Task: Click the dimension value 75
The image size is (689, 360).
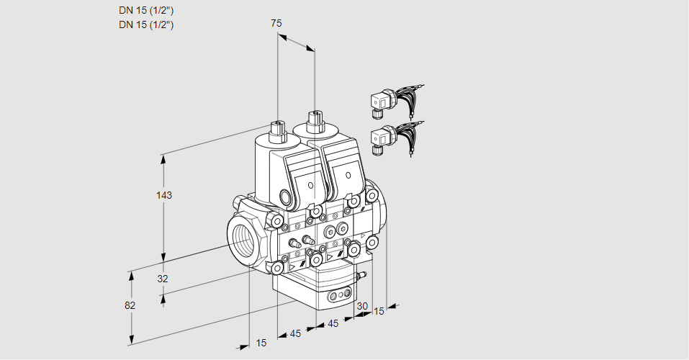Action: (276, 23)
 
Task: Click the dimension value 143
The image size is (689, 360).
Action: (165, 195)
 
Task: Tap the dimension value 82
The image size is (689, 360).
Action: (130, 305)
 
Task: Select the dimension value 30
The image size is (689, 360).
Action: (362, 306)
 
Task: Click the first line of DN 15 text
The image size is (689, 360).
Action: (146, 10)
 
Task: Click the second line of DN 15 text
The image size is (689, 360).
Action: (146, 24)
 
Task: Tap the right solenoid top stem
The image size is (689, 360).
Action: (314, 121)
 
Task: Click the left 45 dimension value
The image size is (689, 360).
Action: (295, 333)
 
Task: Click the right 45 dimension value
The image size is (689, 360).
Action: (333, 324)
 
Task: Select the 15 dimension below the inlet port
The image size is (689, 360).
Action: (261, 343)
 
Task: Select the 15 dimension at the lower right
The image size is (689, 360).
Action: (379, 311)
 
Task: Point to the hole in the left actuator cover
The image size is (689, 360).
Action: (311, 185)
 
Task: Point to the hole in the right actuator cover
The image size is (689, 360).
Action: (348, 175)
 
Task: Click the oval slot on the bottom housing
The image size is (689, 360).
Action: (338, 296)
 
